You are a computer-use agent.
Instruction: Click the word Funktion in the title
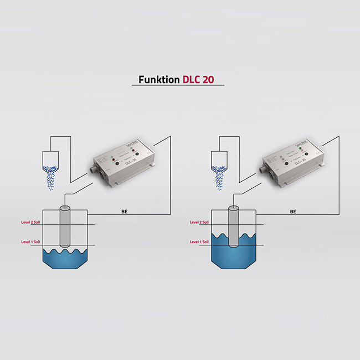pos(158,79)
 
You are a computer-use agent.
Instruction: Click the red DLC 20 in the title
pos(198,79)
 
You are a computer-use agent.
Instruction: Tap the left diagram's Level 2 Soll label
pos(30,222)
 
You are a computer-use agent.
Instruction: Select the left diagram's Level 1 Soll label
pos(30,241)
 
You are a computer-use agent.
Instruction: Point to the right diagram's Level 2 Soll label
pos(199,222)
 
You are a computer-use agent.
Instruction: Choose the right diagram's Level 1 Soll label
pos(199,241)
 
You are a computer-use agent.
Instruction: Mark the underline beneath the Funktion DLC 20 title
pos(178,85)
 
